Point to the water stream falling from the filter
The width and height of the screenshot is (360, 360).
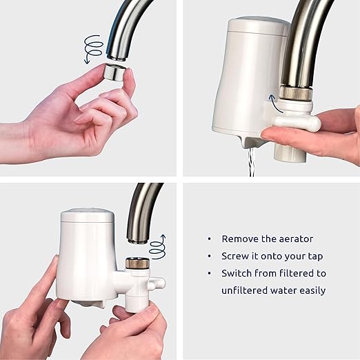pyautogui.click(x=252, y=163)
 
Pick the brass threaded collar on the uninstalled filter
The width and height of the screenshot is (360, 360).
pyautogui.click(x=135, y=263)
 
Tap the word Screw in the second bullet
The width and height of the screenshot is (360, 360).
pyautogui.click(x=234, y=256)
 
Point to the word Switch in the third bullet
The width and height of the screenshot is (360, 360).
pyautogui.click(x=236, y=273)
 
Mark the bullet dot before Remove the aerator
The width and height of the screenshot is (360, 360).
pyautogui.click(x=209, y=239)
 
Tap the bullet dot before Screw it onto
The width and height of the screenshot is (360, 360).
pyautogui.click(x=209, y=256)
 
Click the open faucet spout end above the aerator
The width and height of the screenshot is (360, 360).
pyautogui.click(x=117, y=56)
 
